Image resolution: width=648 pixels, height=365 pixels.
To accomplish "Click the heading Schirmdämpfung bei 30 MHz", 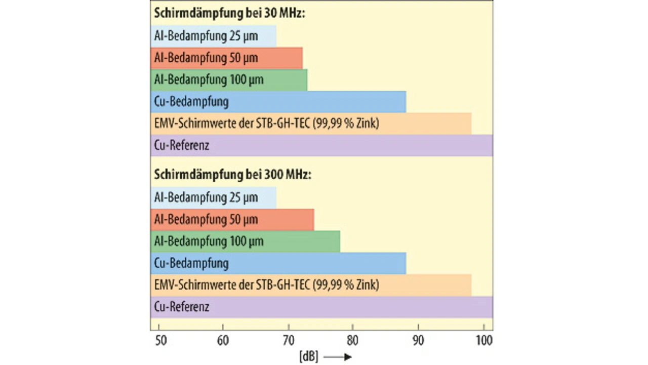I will [229, 14].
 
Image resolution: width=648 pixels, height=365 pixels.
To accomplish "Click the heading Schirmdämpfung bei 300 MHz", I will [232, 175].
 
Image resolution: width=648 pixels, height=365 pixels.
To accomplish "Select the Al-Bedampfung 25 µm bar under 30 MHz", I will [213, 36].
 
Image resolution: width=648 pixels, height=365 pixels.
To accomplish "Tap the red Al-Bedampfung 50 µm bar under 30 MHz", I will [226, 58].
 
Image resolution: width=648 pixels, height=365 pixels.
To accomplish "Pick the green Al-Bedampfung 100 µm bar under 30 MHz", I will [229, 80].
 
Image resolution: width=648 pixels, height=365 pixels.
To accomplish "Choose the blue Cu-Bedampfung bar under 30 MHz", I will [278, 102].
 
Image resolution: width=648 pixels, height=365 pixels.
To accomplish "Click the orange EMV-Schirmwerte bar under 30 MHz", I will [311, 124].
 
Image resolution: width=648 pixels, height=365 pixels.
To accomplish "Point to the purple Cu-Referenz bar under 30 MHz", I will [321, 146].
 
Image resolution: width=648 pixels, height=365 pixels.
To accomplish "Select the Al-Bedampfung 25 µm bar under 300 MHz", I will [213, 197].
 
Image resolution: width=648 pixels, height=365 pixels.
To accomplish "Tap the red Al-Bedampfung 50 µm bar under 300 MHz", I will [232, 219].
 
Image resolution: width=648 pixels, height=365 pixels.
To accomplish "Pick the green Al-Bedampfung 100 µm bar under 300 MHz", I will [245, 241].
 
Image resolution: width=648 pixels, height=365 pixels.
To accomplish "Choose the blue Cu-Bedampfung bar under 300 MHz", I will [278, 263].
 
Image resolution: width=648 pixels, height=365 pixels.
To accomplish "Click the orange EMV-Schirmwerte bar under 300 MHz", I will [311, 285].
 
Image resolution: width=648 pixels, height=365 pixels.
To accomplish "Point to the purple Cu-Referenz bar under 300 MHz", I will [321, 307].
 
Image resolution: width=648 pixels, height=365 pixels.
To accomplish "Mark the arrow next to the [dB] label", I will [338, 357].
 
